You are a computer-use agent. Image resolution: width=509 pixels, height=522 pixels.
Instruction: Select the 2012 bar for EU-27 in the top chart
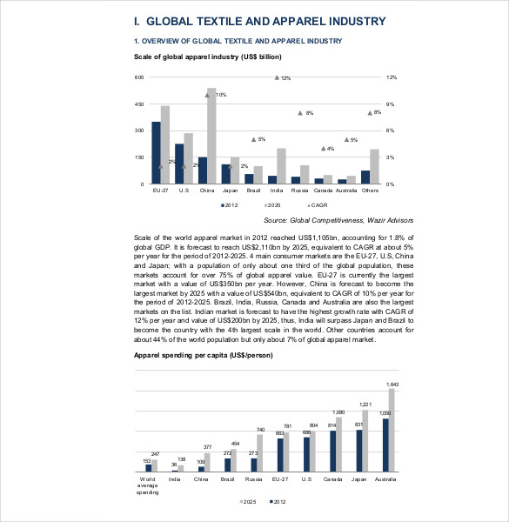point(156,153)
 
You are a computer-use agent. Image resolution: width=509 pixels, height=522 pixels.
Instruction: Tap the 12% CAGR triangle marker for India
point(277,78)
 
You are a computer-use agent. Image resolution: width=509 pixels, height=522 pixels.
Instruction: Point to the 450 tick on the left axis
point(137,104)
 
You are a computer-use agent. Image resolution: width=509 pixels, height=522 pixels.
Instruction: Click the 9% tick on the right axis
point(391,104)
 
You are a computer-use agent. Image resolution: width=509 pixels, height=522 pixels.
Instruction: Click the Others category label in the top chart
point(370,190)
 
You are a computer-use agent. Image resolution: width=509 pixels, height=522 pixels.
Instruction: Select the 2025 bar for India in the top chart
point(281,166)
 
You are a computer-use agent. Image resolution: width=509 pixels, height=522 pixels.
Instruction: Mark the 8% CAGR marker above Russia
point(299,113)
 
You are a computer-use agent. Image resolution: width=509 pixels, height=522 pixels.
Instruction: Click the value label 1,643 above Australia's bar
point(392,384)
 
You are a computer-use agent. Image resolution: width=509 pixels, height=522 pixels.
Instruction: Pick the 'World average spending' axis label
point(147,485)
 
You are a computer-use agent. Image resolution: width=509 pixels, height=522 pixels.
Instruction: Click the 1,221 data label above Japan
point(365,405)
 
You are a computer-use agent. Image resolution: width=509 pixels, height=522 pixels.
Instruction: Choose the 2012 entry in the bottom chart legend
point(278,502)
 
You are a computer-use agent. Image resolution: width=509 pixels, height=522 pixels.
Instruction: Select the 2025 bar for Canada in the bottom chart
point(339,444)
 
